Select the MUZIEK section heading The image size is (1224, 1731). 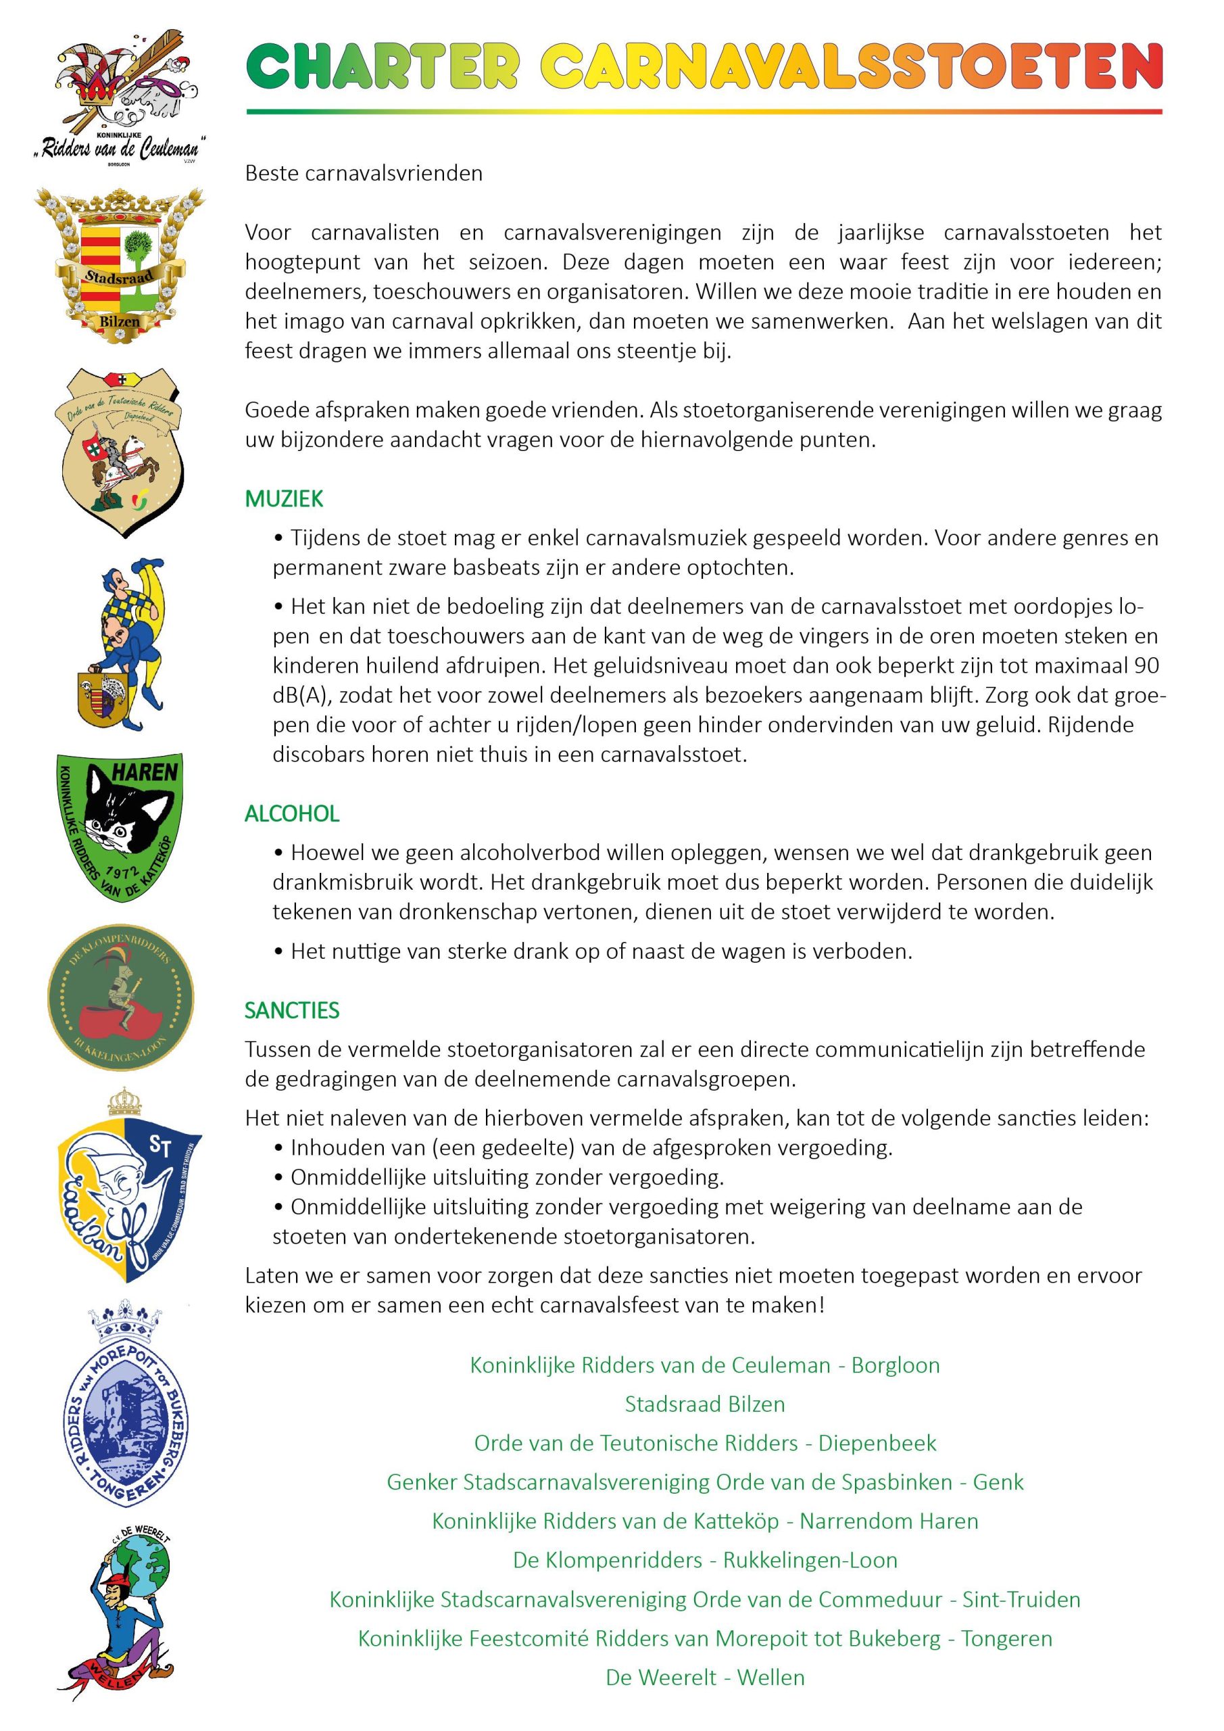point(284,499)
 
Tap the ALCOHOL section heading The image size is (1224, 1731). point(292,813)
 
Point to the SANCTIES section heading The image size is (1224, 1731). point(292,1010)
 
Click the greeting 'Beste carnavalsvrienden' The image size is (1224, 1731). point(364,173)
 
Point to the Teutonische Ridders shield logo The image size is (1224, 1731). point(120,452)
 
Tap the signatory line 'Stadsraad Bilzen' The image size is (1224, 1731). point(705,1404)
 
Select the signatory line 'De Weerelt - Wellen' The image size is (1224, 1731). point(705,1678)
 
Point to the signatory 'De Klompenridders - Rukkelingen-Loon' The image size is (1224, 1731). point(705,1560)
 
